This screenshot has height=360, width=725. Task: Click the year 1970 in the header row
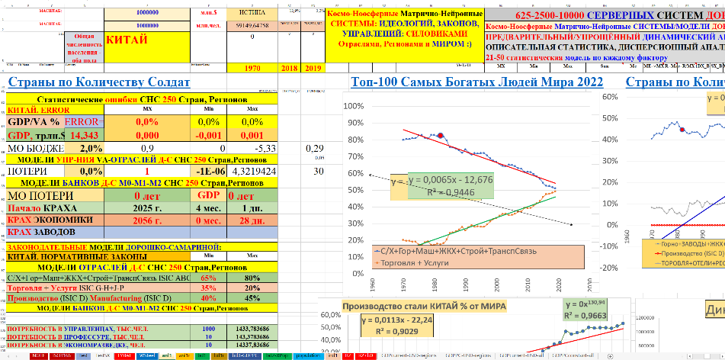click(252, 69)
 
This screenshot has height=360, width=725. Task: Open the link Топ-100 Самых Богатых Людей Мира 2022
click(476, 82)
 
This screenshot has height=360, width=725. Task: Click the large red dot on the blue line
click(441, 135)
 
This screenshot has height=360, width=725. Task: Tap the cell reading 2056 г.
click(145, 220)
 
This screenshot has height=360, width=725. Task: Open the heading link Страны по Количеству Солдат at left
click(98, 82)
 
